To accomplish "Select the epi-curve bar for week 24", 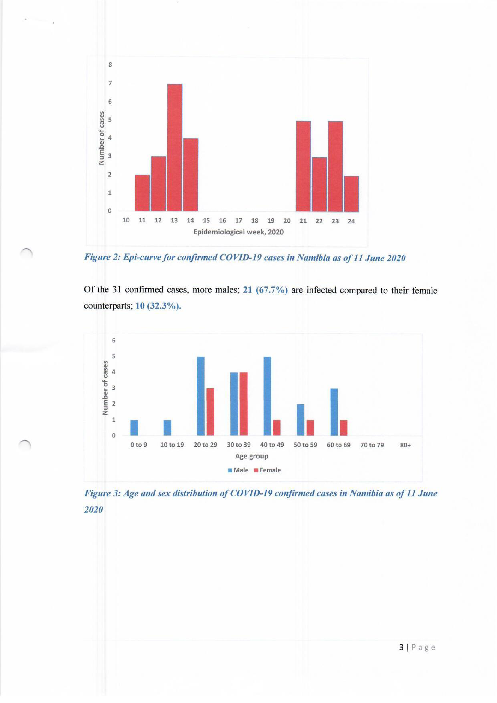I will [x=351, y=194].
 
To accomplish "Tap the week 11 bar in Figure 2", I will [x=142, y=193].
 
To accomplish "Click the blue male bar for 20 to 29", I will [x=201, y=396].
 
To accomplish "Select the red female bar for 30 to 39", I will [x=244, y=404].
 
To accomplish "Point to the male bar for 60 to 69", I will [x=334, y=412].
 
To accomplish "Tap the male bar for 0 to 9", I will [x=134, y=427].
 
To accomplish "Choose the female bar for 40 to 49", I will [x=277, y=427].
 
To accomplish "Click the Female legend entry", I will [x=268, y=470].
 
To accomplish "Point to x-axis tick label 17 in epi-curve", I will [x=238, y=221].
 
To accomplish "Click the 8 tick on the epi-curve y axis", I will [x=110, y=65].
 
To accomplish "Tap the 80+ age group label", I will [x=405, y=445].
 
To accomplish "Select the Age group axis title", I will [x=252, y=456].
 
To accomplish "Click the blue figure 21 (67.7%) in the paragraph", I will [x=265, y=290].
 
